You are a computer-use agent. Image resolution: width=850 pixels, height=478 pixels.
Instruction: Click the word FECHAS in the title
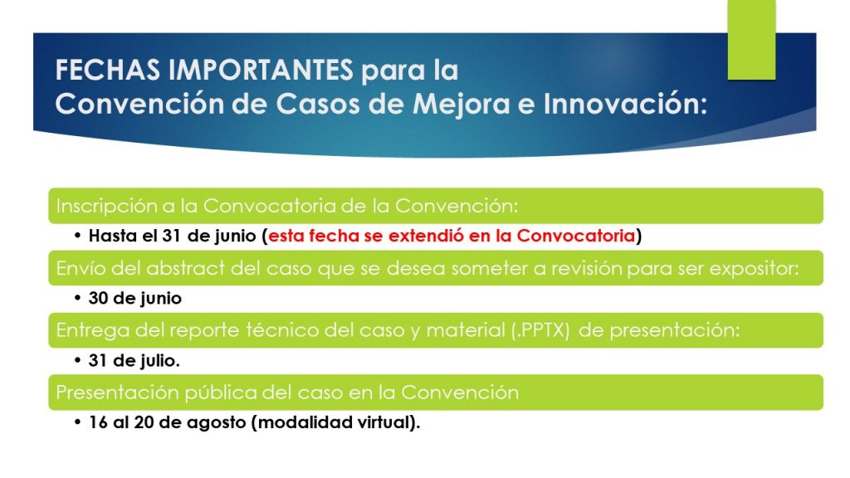coord(108,70)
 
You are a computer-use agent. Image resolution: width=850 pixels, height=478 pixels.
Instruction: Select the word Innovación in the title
coord(625,103)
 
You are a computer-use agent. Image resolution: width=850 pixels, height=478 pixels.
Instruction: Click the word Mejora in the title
coord(462,104)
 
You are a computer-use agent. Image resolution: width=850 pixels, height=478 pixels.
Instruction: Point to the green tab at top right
coord(751,40)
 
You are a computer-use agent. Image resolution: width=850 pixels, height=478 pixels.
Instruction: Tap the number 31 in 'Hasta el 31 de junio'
coord(171,236)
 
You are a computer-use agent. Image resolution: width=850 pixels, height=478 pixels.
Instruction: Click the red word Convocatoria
coord(576,236)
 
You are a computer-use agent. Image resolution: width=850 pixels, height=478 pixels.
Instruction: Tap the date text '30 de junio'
coord(135,298)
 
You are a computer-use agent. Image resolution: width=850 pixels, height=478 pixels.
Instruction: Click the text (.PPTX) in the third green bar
coord(540,330)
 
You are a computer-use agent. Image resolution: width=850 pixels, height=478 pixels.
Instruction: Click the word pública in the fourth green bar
coord(221,393)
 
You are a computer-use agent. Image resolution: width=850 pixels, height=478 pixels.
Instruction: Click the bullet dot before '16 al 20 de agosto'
coord(77,422)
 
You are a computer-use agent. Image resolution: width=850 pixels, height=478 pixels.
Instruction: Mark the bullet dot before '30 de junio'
coord(77,298)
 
